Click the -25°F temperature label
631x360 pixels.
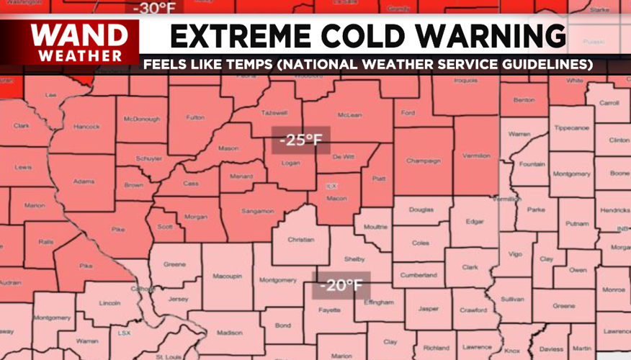coord(301,140)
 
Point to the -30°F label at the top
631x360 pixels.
coord(153,8)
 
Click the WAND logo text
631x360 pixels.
coord(74,35)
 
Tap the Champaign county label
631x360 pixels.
coord(423,161)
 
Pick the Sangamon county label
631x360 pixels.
coord(257,211)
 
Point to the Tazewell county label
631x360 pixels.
coord(274,113)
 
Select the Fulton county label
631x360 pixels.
coord(195,117)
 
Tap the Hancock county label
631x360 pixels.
coord(86,127)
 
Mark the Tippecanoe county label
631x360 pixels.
coord(572,127)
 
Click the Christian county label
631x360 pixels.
coord(300,240)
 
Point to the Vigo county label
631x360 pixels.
coord(516,254)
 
